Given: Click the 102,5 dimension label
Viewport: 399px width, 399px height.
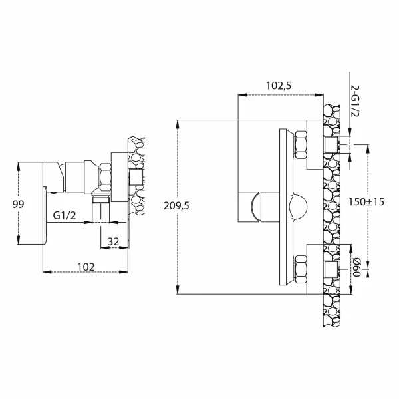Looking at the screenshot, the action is (x=279, y=86).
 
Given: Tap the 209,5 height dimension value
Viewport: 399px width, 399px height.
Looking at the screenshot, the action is (x=176, y=206).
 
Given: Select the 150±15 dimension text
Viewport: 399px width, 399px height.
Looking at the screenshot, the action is (x=366, y=202).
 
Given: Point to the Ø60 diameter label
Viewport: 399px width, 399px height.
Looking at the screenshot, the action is (x=356, y=267).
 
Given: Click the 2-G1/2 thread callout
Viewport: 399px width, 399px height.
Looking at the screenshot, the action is (x=354, y=101).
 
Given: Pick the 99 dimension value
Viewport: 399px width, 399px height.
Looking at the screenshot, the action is (x=19, y=204).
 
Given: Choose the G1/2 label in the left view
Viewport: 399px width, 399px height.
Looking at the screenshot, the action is (x=65, y=215).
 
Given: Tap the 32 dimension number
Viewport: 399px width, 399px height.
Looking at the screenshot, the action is (x=113, y=241).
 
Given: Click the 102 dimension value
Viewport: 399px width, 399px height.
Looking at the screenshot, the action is (x=86, y=267).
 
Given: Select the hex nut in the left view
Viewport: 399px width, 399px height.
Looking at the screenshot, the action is (x=106, y=177).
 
